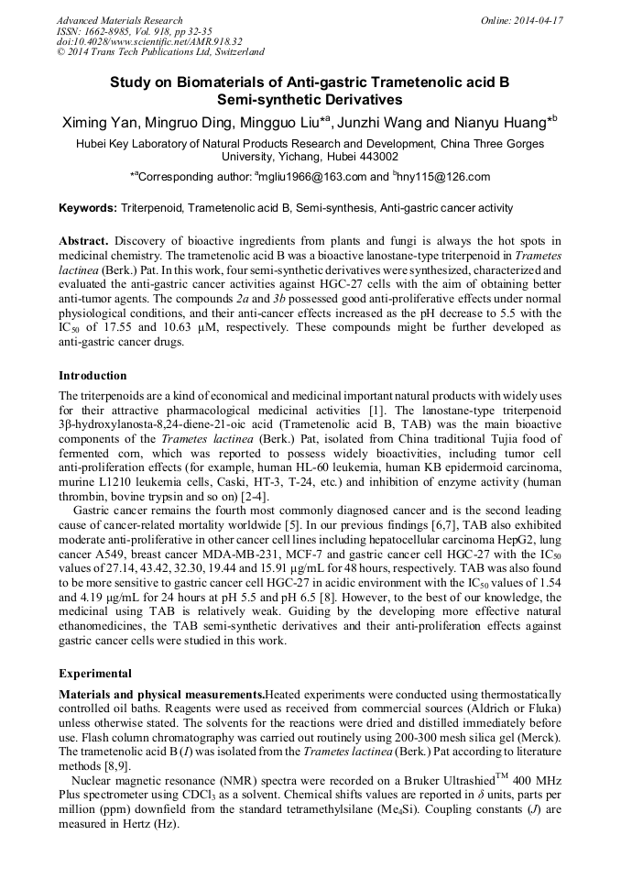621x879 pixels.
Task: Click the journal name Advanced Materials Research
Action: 119,20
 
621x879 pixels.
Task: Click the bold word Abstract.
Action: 84,240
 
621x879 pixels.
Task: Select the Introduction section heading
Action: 93,376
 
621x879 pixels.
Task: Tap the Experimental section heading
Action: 96,675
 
